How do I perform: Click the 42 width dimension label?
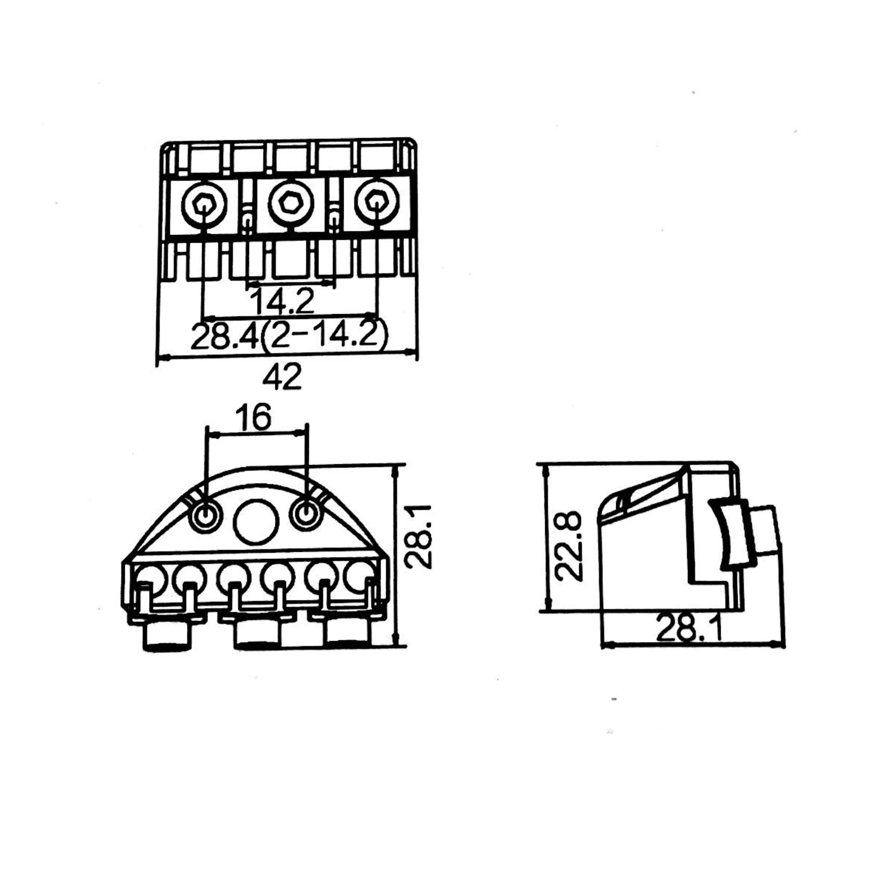coord(282,377)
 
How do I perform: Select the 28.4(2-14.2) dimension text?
coord(289,335)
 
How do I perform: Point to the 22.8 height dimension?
coord(569,546)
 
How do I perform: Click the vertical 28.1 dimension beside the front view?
coord(419,536)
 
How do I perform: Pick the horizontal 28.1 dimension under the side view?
coord(689,628)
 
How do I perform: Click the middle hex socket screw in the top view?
coord(290,204)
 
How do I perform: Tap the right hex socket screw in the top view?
coord(376,202)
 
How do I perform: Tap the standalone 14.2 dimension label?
coord(282,300)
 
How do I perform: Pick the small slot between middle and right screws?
coord(333,217)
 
